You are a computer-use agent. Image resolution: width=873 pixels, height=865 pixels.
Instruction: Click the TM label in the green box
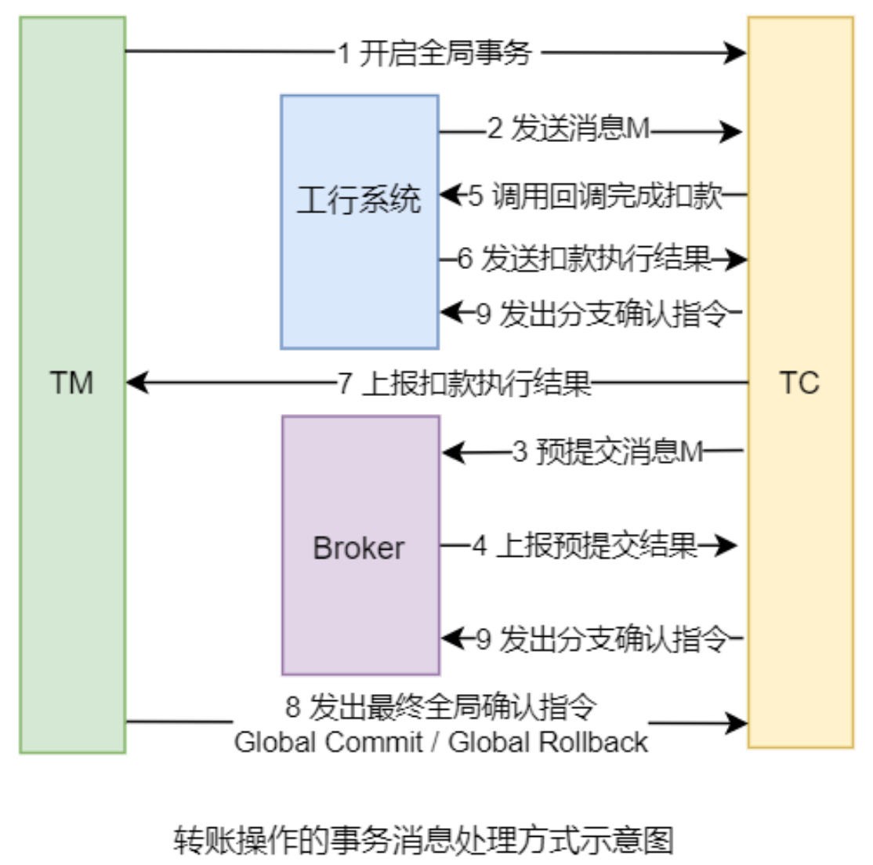click(71, 383)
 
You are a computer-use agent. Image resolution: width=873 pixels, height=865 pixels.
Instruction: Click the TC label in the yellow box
click(799, 383)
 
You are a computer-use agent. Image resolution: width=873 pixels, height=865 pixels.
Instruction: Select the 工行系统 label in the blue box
click(358, 200)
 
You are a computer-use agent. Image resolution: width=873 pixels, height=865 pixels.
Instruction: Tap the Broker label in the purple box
click(359, 548)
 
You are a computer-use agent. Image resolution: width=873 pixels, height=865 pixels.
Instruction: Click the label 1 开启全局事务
click(436, 53)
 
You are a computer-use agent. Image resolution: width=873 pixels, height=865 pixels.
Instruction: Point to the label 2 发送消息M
click(568, 129)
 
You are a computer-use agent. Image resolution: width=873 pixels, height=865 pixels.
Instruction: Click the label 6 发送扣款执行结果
click(585, 259)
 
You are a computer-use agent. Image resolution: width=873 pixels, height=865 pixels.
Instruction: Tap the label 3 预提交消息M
click(608, 452)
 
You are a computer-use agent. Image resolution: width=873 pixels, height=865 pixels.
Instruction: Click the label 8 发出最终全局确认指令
click(440, 707)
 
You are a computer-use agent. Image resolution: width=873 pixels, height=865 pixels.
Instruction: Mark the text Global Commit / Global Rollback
click(440, 742)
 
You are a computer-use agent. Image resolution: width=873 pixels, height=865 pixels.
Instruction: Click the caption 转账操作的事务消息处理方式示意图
click(423, 840)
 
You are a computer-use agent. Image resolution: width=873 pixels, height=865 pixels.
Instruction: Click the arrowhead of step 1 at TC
click(737, 53)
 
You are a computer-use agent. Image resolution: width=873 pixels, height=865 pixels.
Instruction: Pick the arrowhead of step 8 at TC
click(738, 723)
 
